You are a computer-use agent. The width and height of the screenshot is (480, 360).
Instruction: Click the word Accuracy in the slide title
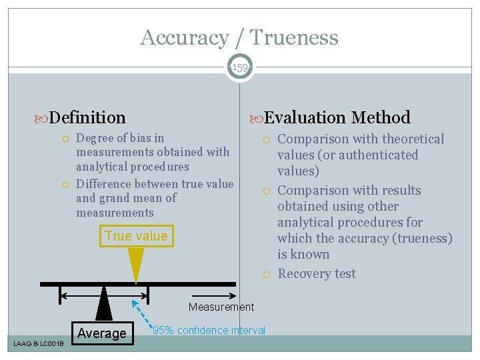pos(184,38)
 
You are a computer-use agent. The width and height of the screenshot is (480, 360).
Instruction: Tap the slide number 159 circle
pos(240,67)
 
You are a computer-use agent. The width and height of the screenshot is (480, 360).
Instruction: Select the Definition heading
pos(87,118)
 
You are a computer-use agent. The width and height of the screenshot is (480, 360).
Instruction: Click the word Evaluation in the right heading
pos(305,118)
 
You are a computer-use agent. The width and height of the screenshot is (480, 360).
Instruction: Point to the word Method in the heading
pos(381,118)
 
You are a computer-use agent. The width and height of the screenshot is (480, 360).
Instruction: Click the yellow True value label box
pos(136,237)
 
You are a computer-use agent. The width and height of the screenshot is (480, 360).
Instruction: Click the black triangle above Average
pos(104,304)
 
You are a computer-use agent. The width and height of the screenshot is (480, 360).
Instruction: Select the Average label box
pos(102,333)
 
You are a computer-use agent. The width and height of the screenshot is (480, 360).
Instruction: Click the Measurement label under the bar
pos(221,307)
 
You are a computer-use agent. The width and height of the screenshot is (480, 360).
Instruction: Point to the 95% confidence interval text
pos(209,330)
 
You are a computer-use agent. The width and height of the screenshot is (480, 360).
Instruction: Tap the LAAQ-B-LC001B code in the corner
pos(39,343)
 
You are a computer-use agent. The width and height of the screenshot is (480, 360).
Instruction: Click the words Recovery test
pos(317,274)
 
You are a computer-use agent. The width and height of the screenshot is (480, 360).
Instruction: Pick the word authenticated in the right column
pos(381,155)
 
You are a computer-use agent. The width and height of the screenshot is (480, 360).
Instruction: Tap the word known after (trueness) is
pos(310,255)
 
